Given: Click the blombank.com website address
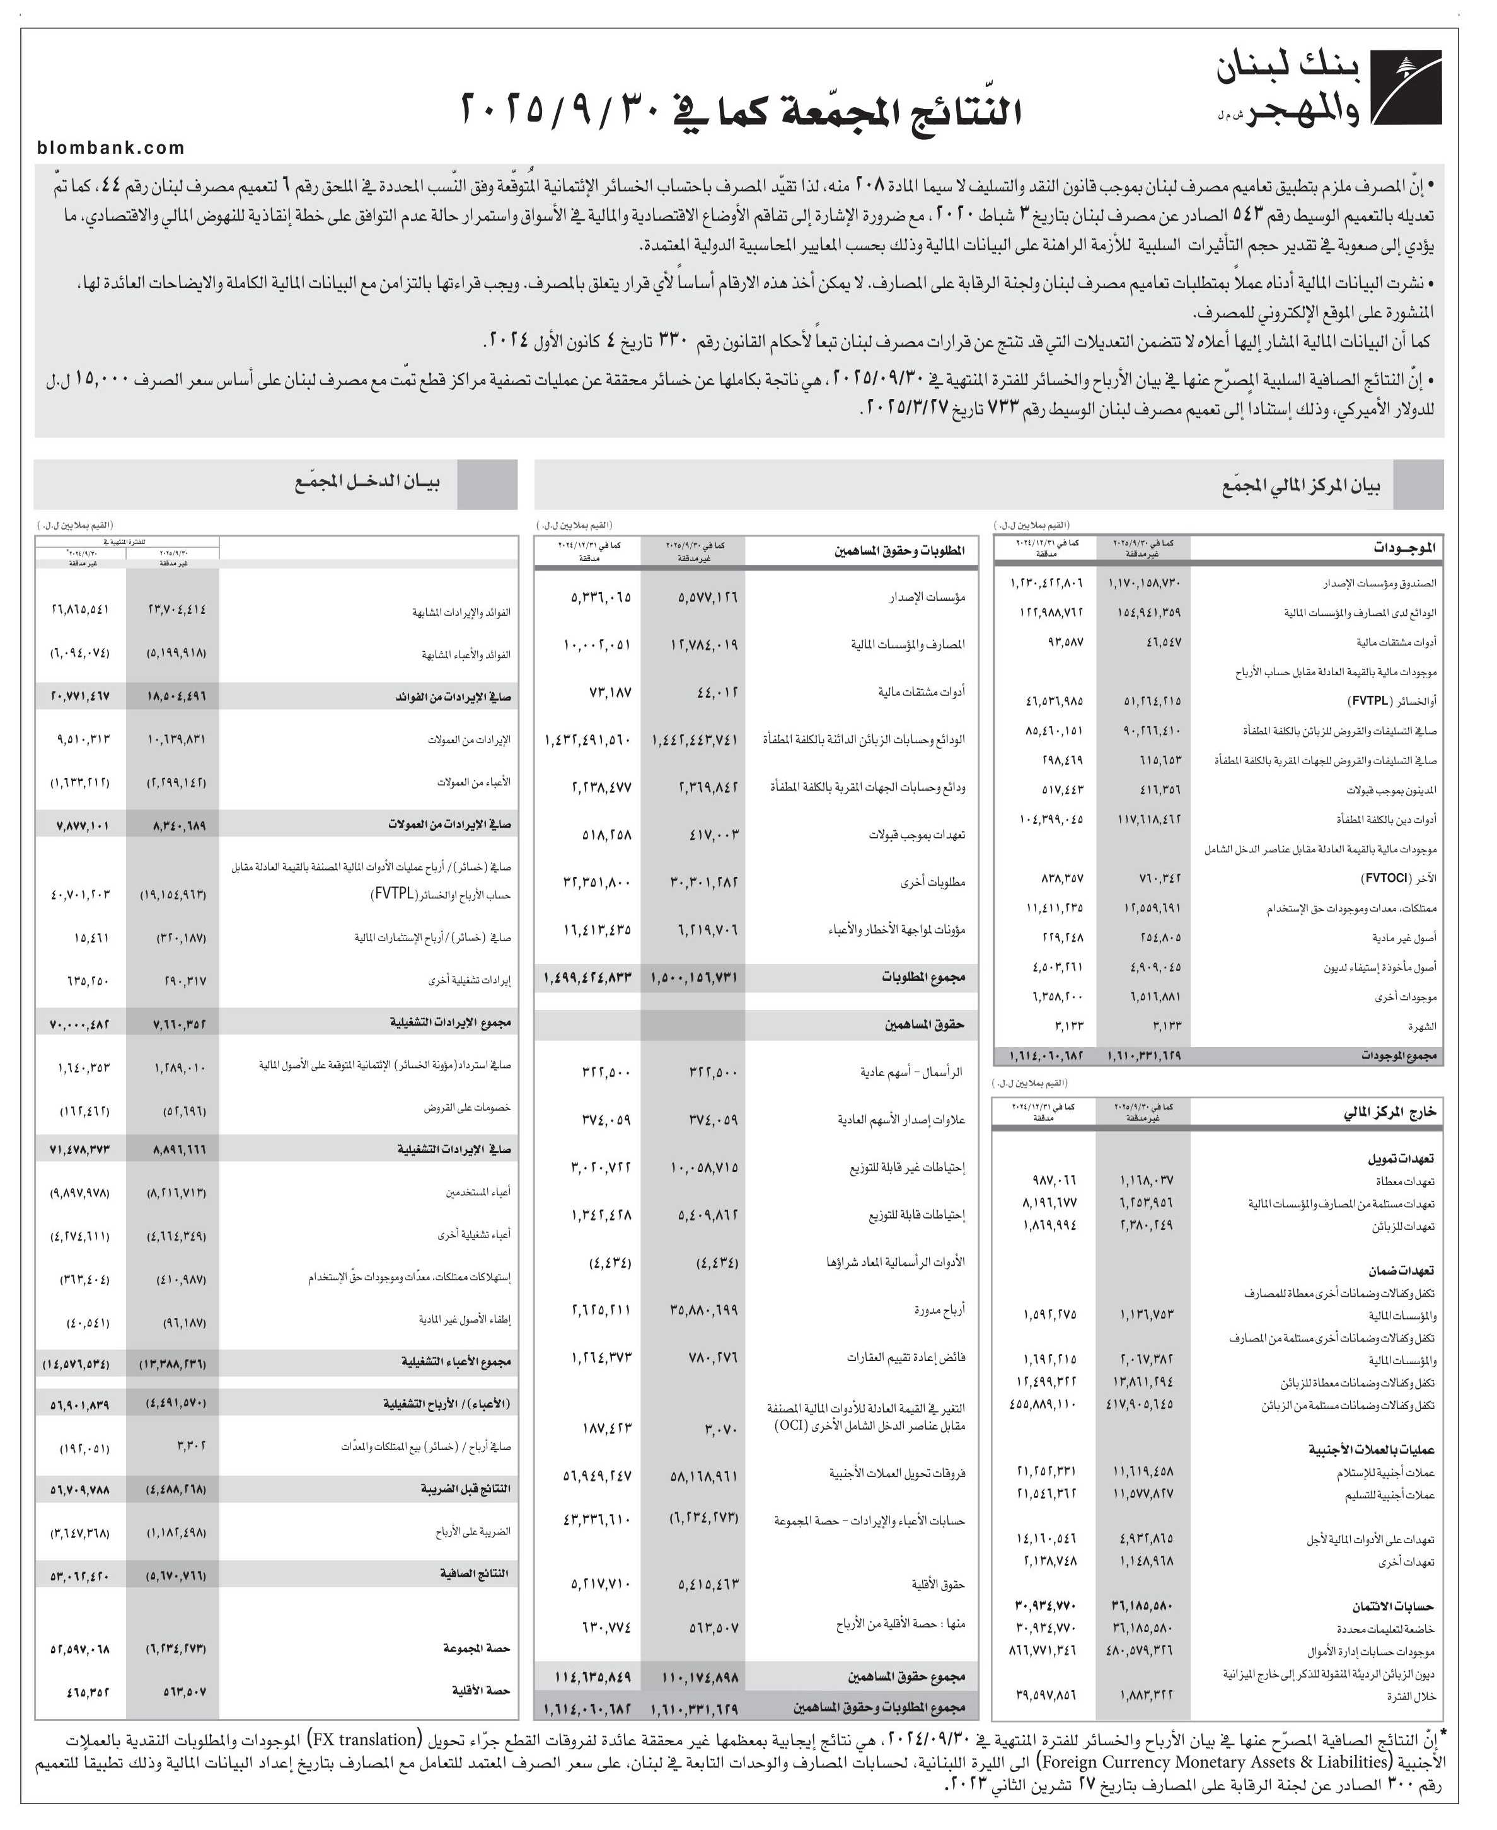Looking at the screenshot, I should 110,148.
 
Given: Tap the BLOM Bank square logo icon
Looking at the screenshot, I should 1406,88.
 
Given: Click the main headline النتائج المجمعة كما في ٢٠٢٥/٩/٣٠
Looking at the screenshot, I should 742,110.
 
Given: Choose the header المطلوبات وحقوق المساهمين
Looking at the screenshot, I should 899,550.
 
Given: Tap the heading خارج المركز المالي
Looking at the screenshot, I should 1389,1113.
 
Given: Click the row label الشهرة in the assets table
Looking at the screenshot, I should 1422,1026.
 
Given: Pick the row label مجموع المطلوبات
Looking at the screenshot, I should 923,977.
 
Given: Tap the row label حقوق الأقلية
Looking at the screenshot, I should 937,1584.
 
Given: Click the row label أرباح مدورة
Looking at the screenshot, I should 939,1309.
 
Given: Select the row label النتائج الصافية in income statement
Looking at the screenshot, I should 474,1574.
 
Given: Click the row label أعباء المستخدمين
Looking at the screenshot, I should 478,1192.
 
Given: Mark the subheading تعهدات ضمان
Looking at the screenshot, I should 1401,1270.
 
